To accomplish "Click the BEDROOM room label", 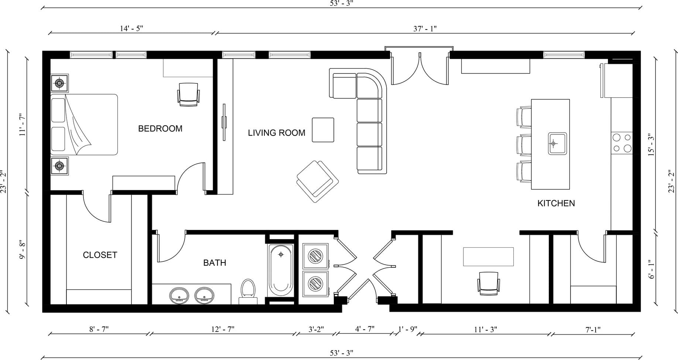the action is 160,128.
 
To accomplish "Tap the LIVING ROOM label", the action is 277,133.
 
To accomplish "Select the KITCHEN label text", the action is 556,203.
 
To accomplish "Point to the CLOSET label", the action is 100,255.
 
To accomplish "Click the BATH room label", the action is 215,263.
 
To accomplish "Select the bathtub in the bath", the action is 281,270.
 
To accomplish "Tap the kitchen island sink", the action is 557,143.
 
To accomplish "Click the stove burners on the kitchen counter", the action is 622,143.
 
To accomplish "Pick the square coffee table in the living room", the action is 323,130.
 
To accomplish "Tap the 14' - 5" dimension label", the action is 131,28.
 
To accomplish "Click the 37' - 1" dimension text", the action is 425,28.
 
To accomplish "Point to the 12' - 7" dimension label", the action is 223,329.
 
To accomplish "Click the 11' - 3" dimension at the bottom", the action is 486,329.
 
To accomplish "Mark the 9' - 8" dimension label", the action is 23,250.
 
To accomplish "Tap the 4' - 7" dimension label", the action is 365,329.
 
